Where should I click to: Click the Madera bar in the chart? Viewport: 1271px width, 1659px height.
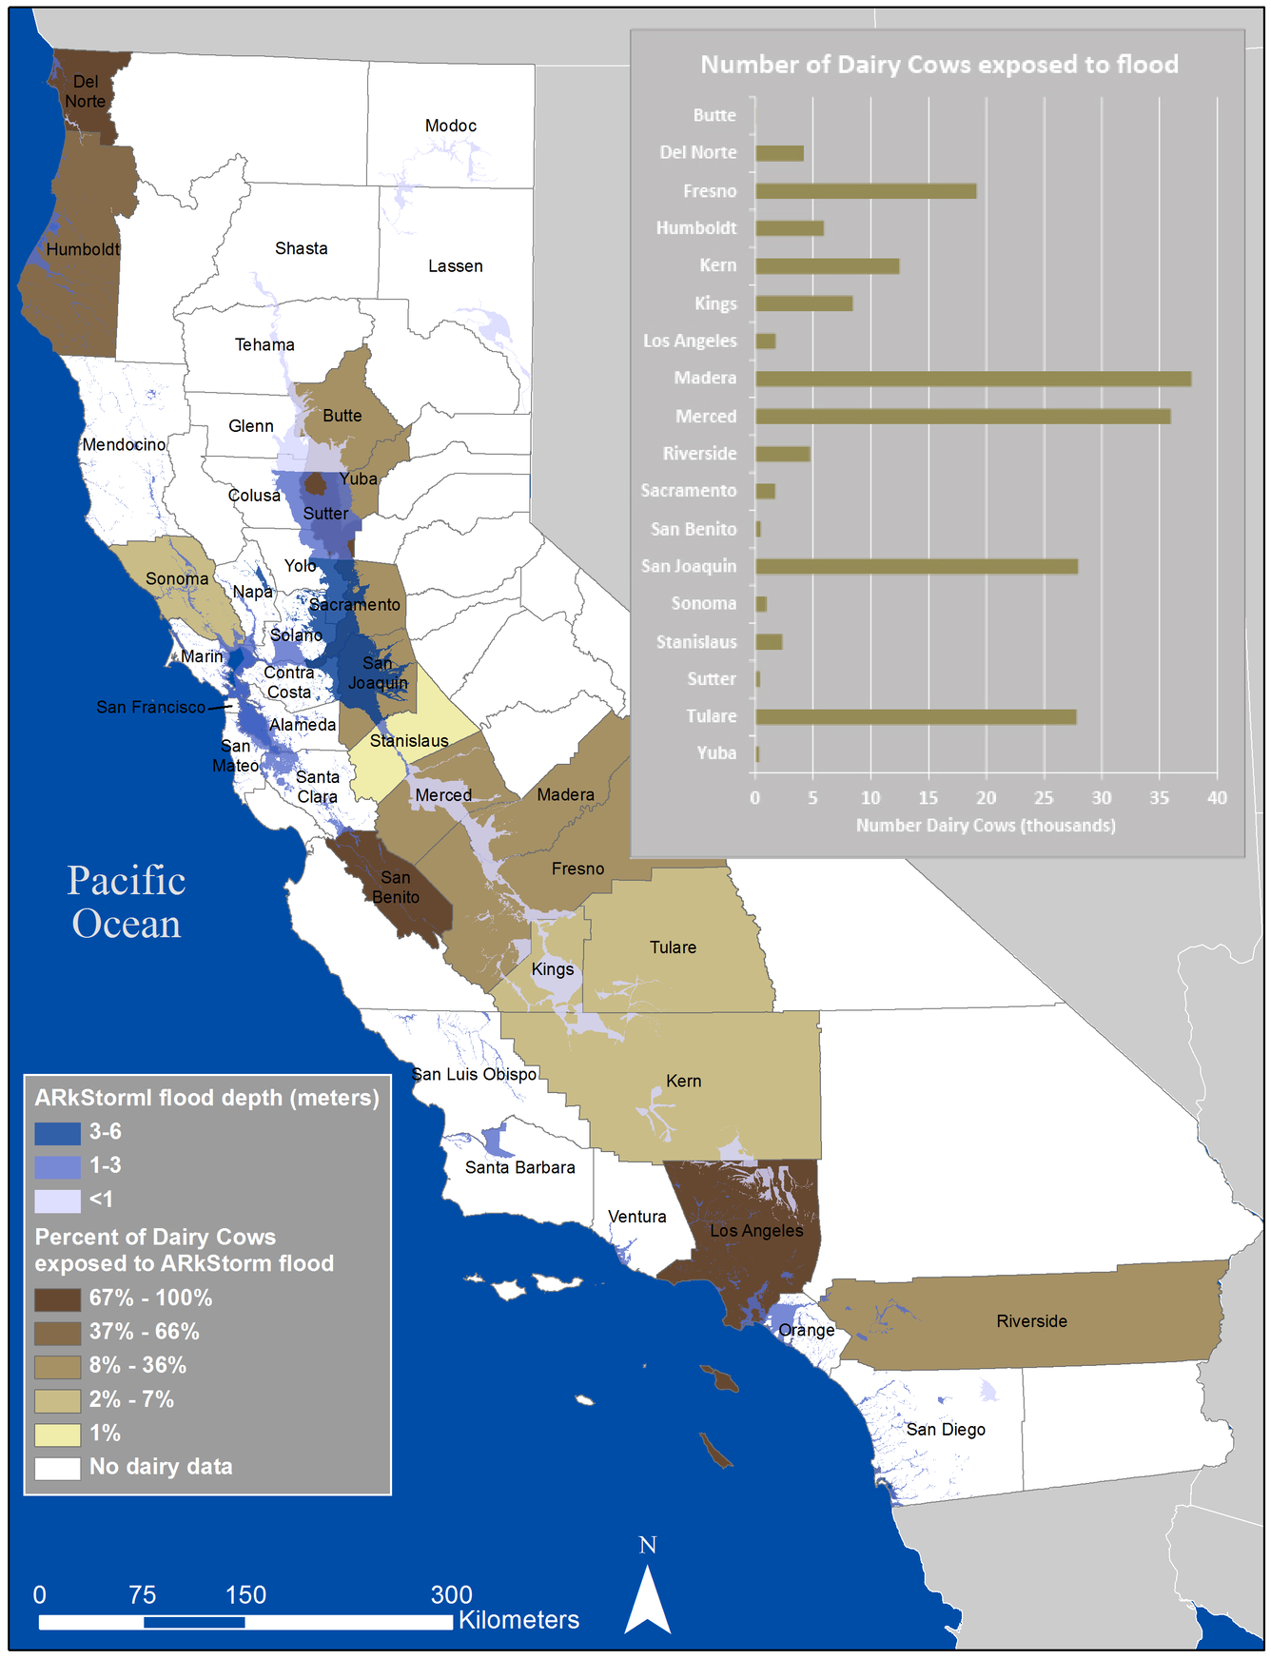(x=972, y=379)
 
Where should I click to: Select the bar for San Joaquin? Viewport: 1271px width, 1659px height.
(x=916, y=567)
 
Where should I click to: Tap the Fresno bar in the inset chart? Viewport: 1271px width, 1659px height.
(x=866, y=191)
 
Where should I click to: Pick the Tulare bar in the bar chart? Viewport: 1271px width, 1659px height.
(x=915, y=717)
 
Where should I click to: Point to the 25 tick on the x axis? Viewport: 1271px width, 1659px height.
(x=1044, y=798)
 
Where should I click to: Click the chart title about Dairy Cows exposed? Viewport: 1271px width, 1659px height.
(x=939, y=65)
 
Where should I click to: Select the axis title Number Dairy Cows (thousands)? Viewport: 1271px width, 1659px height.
(x=986, y=826)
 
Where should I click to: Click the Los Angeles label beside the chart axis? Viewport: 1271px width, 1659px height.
(x=690, y=341)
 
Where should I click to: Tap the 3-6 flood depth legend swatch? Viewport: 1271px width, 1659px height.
(x=57, y=1133)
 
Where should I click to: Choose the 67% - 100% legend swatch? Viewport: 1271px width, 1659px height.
(x=57, y=1299)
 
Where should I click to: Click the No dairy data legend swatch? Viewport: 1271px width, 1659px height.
(x=57, y=1468)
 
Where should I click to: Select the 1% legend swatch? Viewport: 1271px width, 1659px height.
(x=57, y=1435)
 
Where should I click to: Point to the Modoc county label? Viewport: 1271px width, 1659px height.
(x=451, y=126)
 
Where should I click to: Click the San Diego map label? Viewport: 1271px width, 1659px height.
(x=946, y=1430)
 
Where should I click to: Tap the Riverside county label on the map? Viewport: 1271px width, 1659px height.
(x=1031, y=1321)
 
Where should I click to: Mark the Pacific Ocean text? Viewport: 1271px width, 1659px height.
(x=127, y=902)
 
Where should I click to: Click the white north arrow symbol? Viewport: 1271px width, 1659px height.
(x=647, y=1602)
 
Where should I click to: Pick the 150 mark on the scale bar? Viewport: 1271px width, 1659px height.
(x=245, y=1595)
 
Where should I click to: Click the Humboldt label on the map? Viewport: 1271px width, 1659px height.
(x=83, y=249)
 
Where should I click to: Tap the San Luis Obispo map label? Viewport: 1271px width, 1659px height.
(x=475, y=1074)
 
